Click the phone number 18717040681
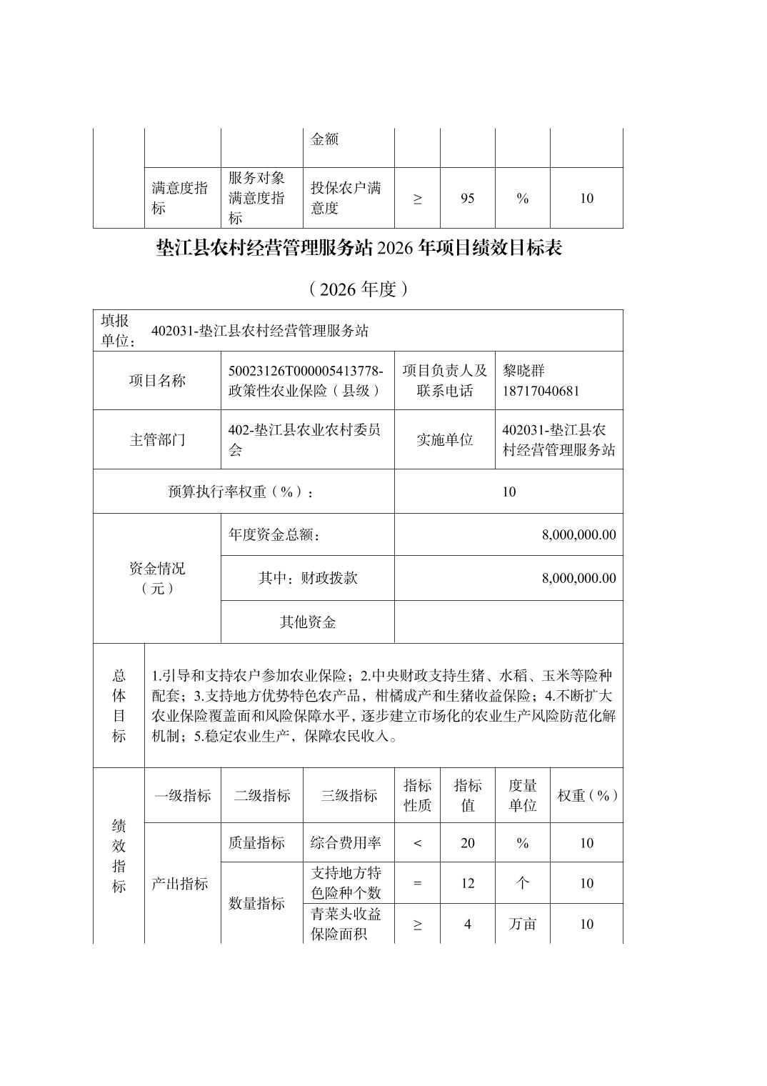541,391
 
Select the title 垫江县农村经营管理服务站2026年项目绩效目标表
359,248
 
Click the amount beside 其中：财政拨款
578,578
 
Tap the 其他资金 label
307,622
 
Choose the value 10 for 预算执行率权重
508,492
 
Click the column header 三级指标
349,795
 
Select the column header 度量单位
522,795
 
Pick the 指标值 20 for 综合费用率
467,843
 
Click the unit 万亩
522,924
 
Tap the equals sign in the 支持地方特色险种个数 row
417,884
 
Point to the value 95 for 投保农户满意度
467,199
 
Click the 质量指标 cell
256,843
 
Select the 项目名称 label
157,381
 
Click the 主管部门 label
157,439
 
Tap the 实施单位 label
444,439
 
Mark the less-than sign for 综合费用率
417,843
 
